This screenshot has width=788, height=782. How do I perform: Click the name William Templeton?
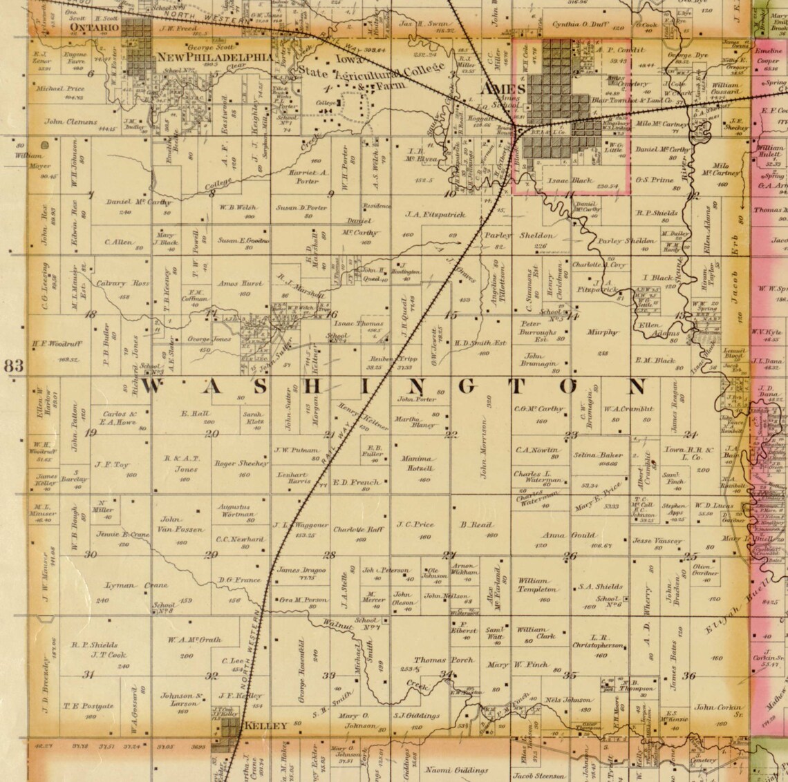pos(538,586)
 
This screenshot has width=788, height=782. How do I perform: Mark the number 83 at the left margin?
pos(15,366)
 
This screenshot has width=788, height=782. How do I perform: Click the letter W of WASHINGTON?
pos(157,387)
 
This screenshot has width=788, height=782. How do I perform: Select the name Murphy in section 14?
pos(602,332)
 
